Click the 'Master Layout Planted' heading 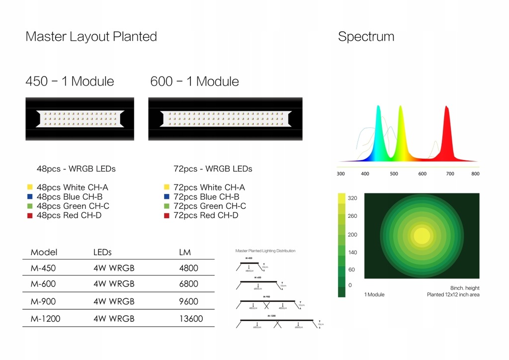click(x=91, y=37)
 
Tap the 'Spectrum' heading click(x=366, y=37)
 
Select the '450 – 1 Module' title click(x=70, y=82)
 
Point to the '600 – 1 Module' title click(x=194, y=82)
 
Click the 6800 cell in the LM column click(x=188, y=284)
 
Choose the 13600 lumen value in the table click(x=191, y=319)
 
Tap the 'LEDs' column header click(x=102, y=252)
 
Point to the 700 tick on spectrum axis click(x=450, y=174)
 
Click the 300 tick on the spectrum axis click(x=340, y=174)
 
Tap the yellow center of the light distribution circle click(x=422, y=236)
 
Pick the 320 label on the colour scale click(x=352, y=198)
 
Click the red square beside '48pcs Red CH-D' click(x=30, y=215)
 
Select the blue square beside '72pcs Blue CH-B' click(x=167, y=197)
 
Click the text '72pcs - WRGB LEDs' click(x=213, y=169)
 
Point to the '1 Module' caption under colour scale click(x=374, y=294)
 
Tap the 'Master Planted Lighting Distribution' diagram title click(x=265, y=251)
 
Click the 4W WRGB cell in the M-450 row click(x=114, y=268)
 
